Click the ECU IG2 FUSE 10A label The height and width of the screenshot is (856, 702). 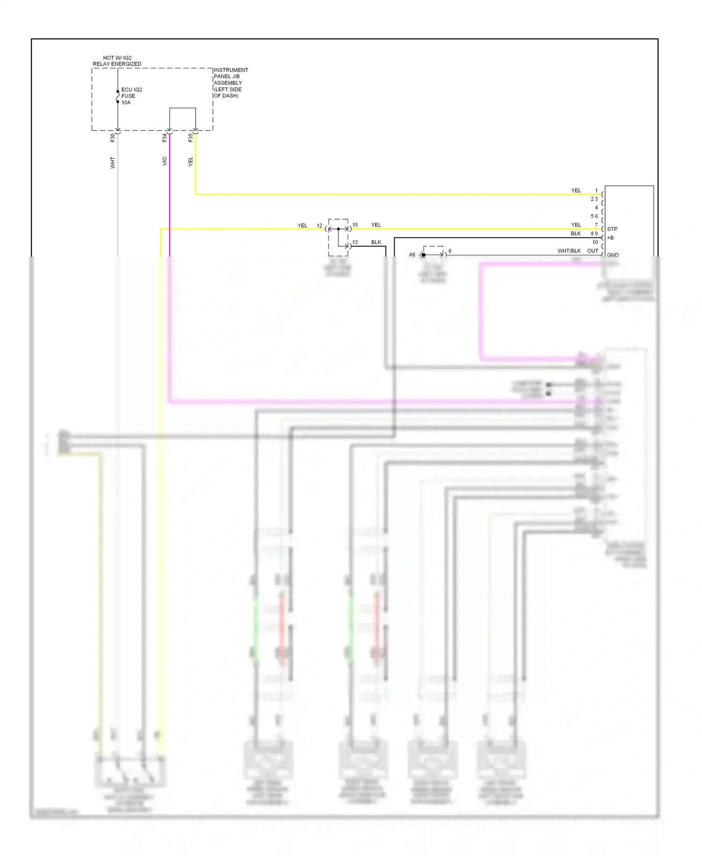click(131, 96)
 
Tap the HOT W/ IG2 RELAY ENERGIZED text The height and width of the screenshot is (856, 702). click(117, 61)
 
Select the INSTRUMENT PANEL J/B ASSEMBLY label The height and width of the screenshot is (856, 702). click(230, 82)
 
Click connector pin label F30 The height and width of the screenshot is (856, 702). click(112, 138)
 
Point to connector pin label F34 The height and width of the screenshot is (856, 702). click(164, 138)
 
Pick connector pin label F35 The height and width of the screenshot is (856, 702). click(190, 138)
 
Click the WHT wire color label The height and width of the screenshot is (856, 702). click(112, 162)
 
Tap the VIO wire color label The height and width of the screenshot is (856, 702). click(164, 161)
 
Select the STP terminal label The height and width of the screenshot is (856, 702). click(612, 229)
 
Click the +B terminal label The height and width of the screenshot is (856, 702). click(610, 238)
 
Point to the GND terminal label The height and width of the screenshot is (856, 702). click(613, 255)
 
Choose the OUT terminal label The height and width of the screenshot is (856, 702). click(592, 251)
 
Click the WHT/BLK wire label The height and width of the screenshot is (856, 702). click(569, 251)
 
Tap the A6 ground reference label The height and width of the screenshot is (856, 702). click(412, 255)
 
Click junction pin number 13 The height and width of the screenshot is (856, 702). click(355, 242)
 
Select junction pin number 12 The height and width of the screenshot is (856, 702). click(319, 226)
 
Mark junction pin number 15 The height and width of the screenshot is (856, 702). click(355, 225)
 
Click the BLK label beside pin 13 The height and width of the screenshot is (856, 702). click(376, 242)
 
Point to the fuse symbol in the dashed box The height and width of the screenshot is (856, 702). click(117, 96)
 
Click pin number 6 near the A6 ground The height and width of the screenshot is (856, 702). click(450, 251)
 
